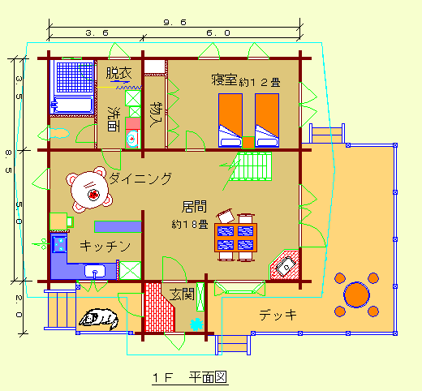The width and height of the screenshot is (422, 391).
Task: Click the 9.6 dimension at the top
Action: (x=175, y=22)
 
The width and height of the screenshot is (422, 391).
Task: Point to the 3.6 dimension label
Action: (x=97, y=33)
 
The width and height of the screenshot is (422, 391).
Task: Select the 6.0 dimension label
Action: (x=218, y=33)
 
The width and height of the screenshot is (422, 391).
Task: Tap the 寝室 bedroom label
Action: (x=224, y=79)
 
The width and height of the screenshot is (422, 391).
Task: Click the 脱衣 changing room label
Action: (x=118, y=73)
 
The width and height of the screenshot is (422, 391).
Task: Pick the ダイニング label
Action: (x=140, y=178)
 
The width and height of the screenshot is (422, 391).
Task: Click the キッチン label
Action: (x=105, y=247)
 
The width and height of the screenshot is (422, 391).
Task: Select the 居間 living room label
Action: (x=194, y=207)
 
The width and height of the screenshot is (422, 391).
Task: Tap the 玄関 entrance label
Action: (x=182, y=294)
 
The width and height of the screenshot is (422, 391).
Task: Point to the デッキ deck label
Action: (x=278, y=315)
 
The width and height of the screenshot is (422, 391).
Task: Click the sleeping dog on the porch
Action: (x=99, y=319)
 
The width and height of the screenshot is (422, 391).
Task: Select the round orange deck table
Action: (x=356, y=294)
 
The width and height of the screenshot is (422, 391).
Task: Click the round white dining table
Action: (x=89, y=190)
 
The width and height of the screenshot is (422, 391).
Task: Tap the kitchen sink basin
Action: (x=95, y=271)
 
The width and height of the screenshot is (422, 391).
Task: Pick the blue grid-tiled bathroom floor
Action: (x=75, y=77)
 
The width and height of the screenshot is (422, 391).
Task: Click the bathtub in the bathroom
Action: (x=72, y=105)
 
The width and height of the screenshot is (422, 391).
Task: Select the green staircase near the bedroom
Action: (x=251, y=166)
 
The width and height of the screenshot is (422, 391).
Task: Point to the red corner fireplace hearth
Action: (x=286, y=265)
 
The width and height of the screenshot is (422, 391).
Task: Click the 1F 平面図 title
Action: (x=190, y=377)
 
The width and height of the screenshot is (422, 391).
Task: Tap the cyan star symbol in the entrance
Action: (x=196, y=324)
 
